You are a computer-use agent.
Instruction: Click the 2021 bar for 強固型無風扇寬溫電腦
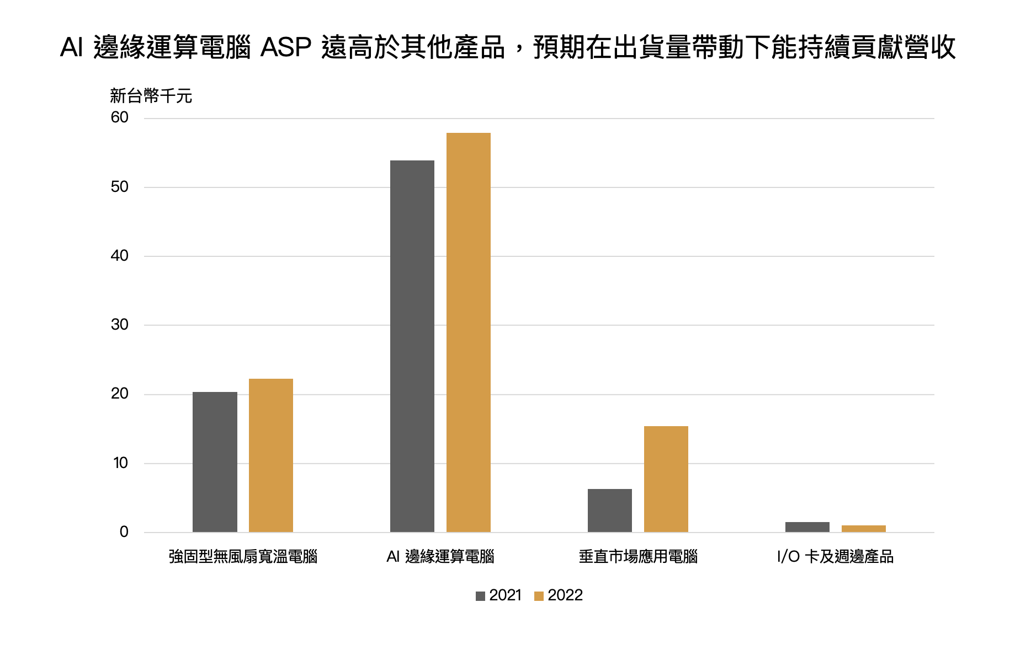pyautogui.click(x=215, y=462)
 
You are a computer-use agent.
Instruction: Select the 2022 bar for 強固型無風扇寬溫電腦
pyautogui.click(x=271, y=455)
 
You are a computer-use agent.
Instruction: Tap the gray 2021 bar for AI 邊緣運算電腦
pyautogui.click(x=412, y=346)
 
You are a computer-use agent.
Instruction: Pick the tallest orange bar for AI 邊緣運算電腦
pyautogui.click(x=469, y=332)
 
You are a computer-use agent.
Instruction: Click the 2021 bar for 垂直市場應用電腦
pyautogui.click(x=610, y=510)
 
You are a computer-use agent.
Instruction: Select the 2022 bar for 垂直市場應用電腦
pyautogui.click(x=666, y=479)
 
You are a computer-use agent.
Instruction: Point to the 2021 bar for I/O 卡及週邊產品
pyautogui.click(x=807, y=527)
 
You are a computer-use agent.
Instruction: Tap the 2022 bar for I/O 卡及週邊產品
pyautogui.click(x=864, y=529)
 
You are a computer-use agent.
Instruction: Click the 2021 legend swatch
pyautogui.click(x=480, y=596)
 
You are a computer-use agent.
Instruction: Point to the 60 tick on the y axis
pyautogui.click(x=120, y=117)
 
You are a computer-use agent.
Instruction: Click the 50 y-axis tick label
pyautogui.click(x=120, y=187)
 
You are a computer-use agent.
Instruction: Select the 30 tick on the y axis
pyautogui.click(x=120, y=325)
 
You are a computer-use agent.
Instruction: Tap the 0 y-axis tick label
pyautogui.click(x=124, y=532)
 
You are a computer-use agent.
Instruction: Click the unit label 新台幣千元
pyautogui.click(x=151, y=96)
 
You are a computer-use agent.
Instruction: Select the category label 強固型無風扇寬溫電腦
pyautogui.click(x=243, y=557)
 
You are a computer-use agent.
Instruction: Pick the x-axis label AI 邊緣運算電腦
pyautogui.click(x=440, y=557)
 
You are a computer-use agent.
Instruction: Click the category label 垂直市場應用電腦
pyautogui.click(x=638, y=557)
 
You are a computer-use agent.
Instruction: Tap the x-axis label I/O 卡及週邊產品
pyautogui.click(x=835, y=557)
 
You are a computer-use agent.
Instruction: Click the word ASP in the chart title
pyautogui.click(x=286, y=47)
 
